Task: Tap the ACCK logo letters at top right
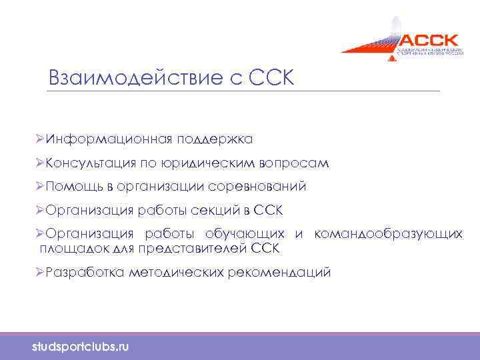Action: tap(420, 39)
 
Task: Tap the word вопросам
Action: tap(297, 163)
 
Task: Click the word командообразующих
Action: tap(388, 235)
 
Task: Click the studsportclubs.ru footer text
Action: tap(81, 347)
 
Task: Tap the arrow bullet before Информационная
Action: tap(41, 139)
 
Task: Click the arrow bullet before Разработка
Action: tap(41, 273)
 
